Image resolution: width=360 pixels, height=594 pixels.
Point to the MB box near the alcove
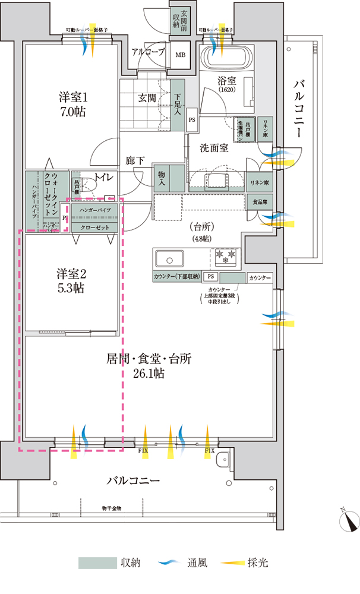[x=179, y=55]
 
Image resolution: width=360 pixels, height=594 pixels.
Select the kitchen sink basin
[x=171, y=259]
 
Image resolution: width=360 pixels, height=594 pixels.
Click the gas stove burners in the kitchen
[x=226, y=257]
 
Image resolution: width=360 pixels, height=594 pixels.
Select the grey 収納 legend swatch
[x=97, y=563]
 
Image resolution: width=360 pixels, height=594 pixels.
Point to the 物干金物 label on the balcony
[x=112, y=508]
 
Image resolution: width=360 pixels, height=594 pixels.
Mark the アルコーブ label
[x=149, y=52]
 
